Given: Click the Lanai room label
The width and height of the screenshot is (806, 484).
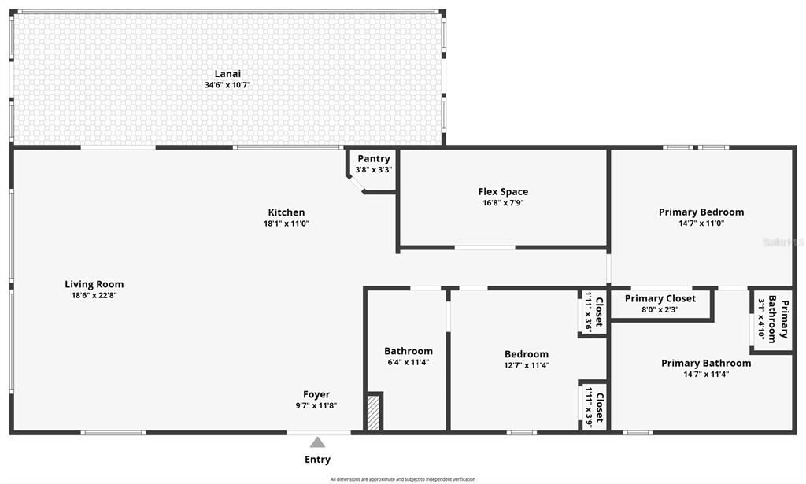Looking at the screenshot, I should (x=227, y=73).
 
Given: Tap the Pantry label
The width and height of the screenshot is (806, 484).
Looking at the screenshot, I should (x=373, y=159).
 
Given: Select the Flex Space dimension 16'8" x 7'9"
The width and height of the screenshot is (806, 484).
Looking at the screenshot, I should (x=503, y=202).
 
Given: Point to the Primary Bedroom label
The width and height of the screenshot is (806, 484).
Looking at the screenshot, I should (x=701, y=212).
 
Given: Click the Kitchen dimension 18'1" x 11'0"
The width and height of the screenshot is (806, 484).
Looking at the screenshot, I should (x=286, y=224).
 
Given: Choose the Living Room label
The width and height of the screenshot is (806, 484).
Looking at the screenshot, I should (x=94, y=284).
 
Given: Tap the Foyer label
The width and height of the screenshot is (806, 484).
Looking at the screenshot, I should (x=316, y=394).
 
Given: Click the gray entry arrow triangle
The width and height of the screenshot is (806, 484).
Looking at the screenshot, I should (x=317, y=442).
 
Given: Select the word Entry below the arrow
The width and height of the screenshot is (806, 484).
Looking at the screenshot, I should (x=317, y=460).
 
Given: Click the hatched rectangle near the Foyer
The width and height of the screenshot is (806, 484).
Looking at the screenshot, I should (x=374, y=412).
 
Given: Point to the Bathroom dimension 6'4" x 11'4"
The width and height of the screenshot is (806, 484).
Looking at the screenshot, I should (x=408, y=363).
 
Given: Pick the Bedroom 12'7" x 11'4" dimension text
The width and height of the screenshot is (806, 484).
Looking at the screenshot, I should (x=526, y=365).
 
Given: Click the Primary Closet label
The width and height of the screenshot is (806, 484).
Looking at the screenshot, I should (x=660, y=298).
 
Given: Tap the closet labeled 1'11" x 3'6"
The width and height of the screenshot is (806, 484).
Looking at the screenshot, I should (x=593, y=312).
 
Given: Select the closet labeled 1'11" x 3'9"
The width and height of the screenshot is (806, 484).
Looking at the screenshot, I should (x=593, y=407).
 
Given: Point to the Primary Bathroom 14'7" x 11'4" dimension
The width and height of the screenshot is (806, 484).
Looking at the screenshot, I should (x=705, y=375).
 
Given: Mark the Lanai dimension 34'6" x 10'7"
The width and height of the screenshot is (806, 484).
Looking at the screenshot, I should (x=227, y=85).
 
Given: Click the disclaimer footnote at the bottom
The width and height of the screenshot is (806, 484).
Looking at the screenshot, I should (x=402, y=479).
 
